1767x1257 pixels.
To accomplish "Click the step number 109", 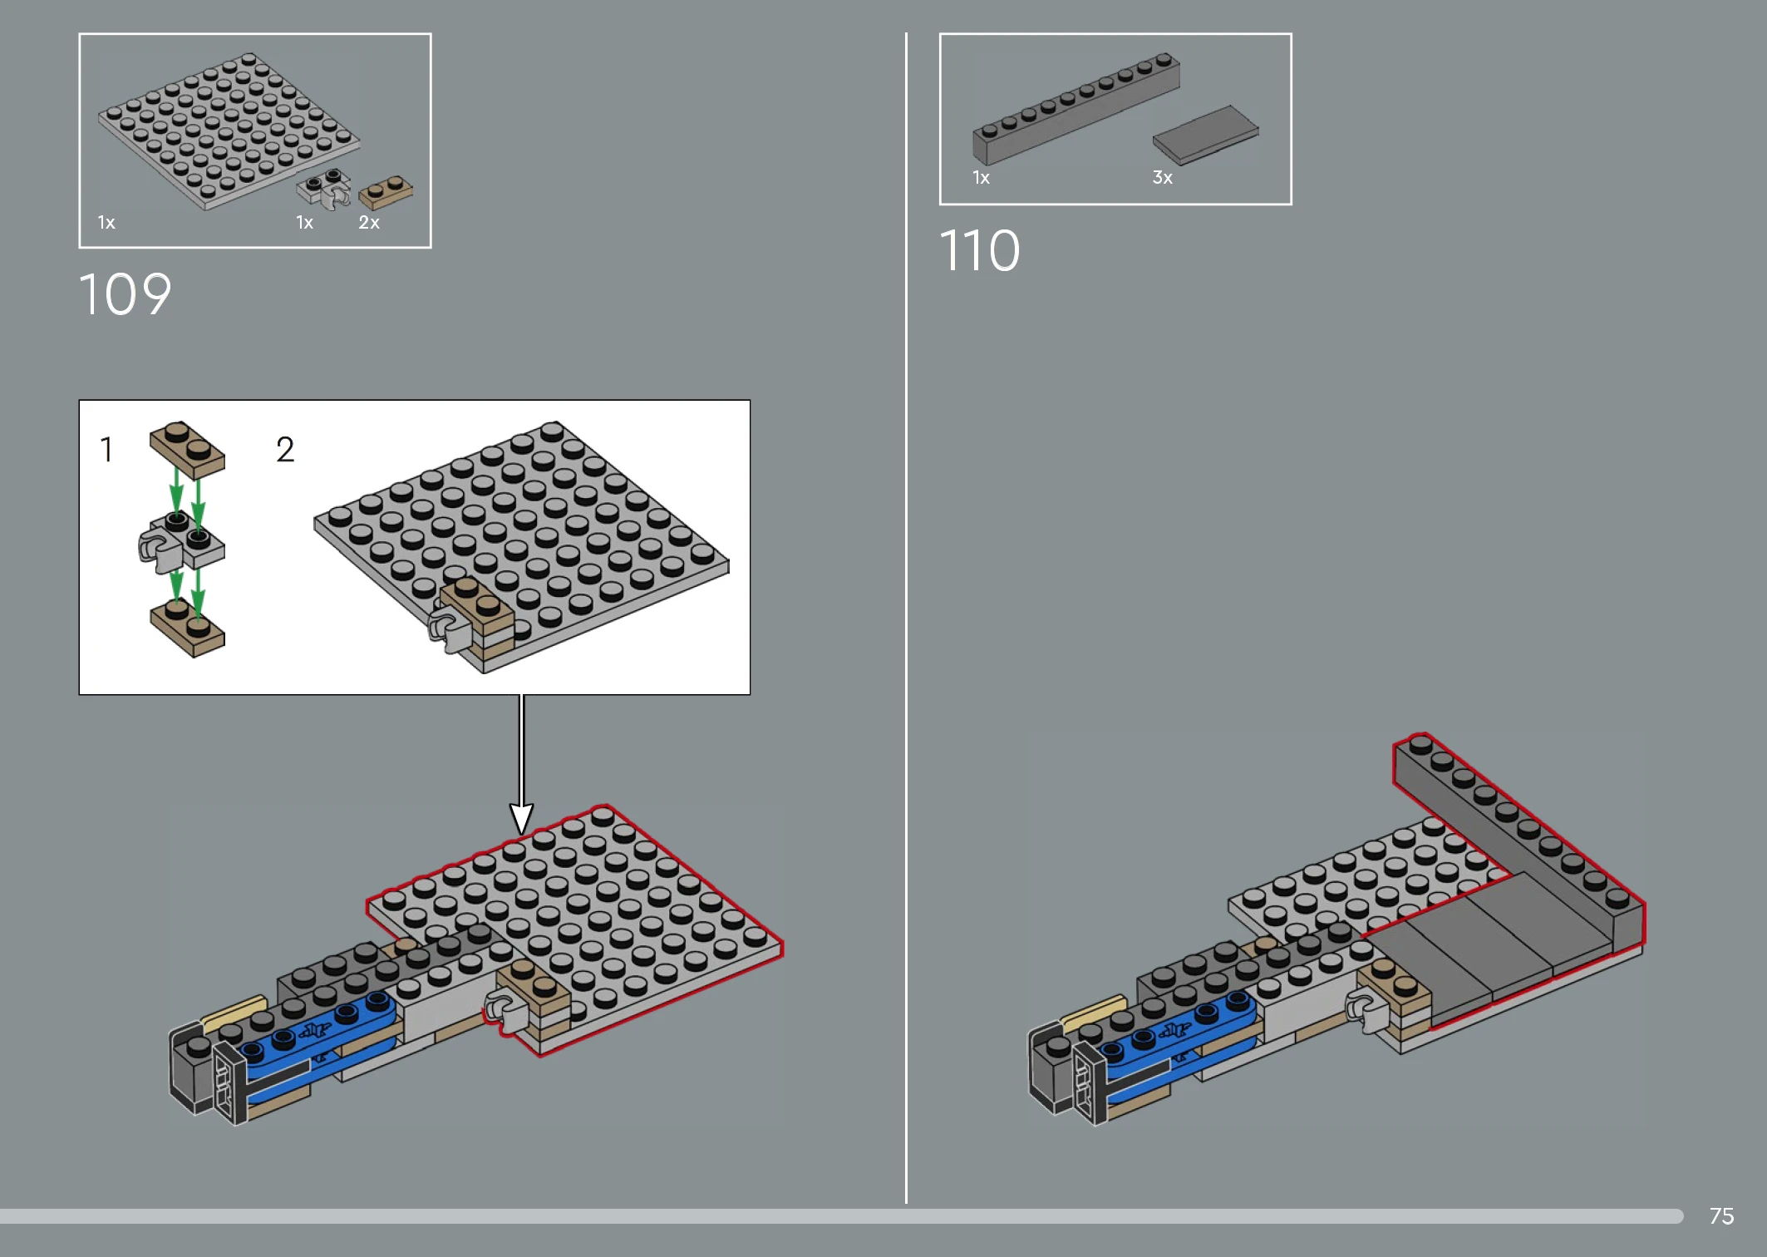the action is tap(125, 294).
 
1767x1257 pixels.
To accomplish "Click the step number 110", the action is tap(979, 250).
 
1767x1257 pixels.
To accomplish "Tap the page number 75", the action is tap(1721, 1216).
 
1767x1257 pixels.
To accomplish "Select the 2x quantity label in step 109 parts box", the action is tap(369, 223).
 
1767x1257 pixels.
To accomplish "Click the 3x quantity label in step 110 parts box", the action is tap(1162, 177).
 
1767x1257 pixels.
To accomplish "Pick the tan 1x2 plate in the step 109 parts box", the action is tap(386, 192).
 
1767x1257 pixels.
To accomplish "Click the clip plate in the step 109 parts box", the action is tap(325, 189).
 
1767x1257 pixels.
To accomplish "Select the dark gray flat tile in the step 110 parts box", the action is tap(1205, 135).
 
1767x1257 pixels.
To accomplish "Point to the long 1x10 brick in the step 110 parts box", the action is tap(1076, 109).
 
